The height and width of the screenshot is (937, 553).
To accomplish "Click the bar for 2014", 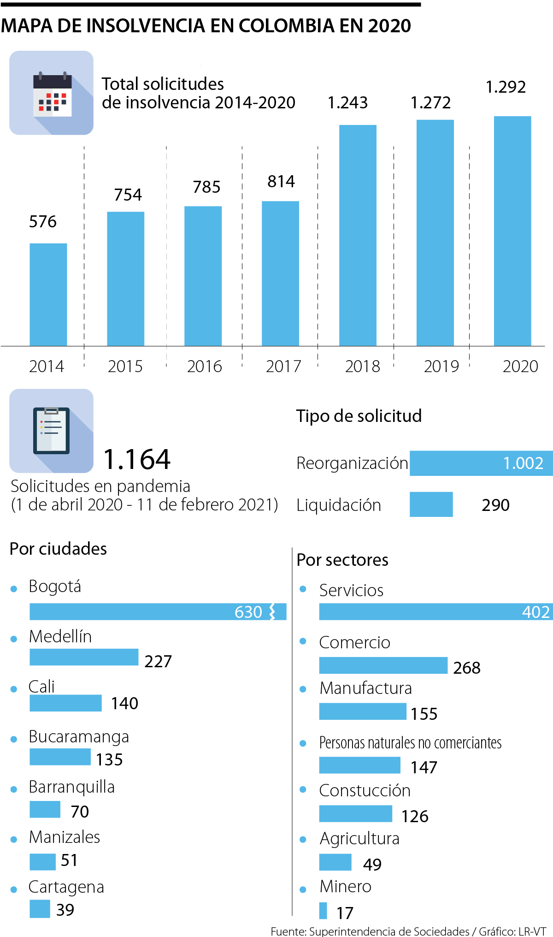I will (x=48, y=295).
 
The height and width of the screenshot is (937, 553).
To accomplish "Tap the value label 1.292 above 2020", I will (x=506, y=87).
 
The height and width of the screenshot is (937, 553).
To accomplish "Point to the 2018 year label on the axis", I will (x=362, y=367).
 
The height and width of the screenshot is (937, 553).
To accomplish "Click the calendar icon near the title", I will (x=52, y=93).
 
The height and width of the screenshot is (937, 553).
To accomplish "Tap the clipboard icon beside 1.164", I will (x=52, y=431).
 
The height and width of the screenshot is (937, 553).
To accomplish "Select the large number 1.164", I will (x=137, y=460).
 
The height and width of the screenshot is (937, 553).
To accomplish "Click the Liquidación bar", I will (x=431, y=504).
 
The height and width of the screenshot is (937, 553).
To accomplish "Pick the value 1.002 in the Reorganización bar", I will (x=523, y=463).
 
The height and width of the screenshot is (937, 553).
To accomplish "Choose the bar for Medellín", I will (x=84, y=657).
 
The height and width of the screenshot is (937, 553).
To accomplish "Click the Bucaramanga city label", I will (x=79, y=736).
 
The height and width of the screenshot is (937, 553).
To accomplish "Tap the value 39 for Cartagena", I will (x=65, y=910).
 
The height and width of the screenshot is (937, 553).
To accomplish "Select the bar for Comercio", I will (x=383, y=665).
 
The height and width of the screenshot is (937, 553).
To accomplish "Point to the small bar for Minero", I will (x=323, y=911).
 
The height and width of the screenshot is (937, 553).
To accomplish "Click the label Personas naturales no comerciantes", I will (x=410, y=743).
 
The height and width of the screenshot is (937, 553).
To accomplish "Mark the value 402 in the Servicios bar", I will (x=535, y=612).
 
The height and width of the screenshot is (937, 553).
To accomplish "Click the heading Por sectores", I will (x=342, y=560).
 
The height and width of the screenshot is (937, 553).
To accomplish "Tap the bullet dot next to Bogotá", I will (x=14, y=589).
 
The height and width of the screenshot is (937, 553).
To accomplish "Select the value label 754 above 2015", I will (x=128, y=195).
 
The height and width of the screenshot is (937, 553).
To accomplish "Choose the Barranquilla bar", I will (x=45, y=809).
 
